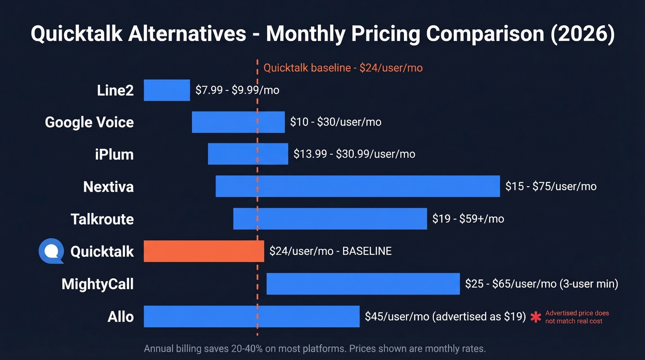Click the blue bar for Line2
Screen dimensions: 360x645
167,90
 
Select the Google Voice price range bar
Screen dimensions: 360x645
238,122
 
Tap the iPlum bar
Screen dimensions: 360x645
248,154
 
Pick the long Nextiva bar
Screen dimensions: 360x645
358,186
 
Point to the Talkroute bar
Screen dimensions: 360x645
330,218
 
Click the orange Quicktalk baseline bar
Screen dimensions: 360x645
204,251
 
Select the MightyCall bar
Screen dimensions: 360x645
363,283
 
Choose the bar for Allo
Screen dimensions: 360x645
252,316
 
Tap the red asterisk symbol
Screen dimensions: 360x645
535,317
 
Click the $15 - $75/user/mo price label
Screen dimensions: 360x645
551,186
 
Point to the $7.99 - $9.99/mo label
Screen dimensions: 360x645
237,90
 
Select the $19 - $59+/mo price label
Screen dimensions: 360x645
468,218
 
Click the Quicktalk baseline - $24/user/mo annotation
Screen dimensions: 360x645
343,68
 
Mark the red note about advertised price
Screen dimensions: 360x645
577,317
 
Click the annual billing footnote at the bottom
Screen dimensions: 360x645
315,348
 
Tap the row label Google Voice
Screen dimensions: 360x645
89,122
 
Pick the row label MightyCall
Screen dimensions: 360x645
98,284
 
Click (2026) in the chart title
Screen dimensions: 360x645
582,35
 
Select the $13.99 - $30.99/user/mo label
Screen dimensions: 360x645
354,154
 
